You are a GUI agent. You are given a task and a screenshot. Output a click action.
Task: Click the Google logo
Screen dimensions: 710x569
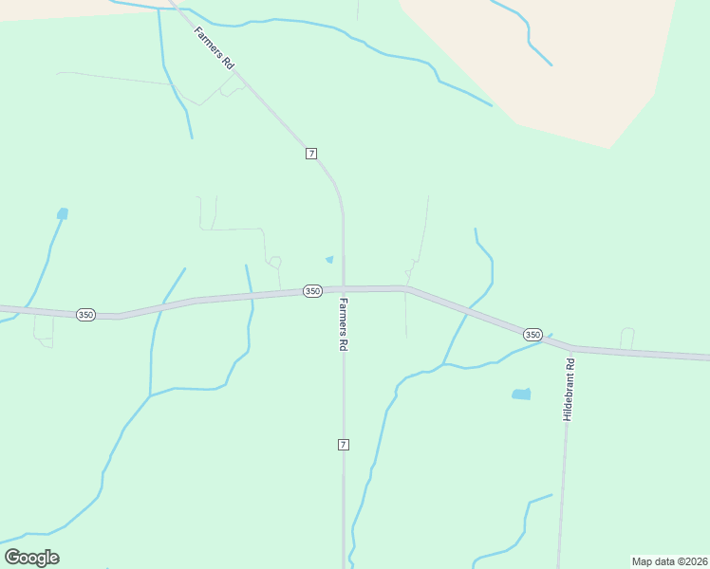point(31,558)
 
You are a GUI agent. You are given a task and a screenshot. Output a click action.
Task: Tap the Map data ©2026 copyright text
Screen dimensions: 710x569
point(669,561)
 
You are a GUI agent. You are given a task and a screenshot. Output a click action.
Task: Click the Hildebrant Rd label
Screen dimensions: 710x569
point(569,390)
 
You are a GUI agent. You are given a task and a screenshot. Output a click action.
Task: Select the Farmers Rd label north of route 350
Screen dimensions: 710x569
point(214,46)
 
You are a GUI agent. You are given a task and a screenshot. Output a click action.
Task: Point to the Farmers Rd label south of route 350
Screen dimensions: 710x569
point(343,326)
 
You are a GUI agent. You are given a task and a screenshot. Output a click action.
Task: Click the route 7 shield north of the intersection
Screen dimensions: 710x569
point(311,154)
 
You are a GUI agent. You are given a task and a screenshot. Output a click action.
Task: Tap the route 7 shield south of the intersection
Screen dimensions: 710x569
point(344,444)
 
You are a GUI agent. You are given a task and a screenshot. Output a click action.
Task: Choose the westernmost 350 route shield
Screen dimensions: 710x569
point(85,314)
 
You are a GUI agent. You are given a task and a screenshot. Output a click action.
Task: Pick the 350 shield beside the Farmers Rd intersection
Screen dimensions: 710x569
point(312,291)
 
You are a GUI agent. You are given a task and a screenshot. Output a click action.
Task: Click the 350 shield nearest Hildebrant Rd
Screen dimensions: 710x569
point(532,335)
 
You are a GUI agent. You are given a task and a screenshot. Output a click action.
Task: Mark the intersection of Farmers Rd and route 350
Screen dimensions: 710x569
point(344,289)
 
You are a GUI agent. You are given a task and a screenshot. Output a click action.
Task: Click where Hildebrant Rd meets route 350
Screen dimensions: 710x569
point(571,348)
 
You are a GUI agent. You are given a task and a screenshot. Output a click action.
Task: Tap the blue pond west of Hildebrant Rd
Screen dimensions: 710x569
point(521,394)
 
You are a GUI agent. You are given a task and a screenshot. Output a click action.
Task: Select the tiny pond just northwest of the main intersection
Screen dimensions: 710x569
point(329,259)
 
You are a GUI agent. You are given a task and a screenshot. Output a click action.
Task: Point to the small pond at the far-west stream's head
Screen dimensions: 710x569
point(63,213)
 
